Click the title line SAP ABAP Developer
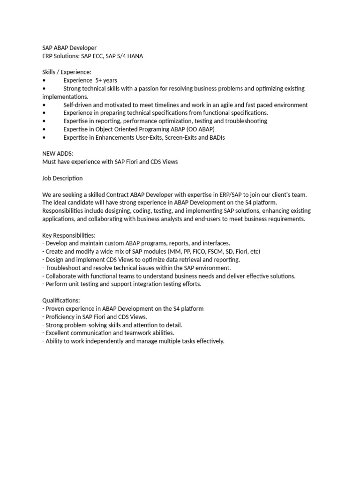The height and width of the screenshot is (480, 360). [x=69, y=48]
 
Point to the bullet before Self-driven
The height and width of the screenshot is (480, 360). [x=44, y=105]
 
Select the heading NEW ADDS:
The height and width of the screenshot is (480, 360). [x=58, y=154]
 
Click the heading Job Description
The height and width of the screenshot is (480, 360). [x=62, y=178]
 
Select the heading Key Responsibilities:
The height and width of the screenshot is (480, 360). [x=69, y=235]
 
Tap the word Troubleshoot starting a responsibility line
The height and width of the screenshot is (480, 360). [x=63, y=268]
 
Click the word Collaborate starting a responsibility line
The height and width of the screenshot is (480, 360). [x=61, y=276]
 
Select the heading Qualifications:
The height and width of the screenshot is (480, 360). [x=61, y=300]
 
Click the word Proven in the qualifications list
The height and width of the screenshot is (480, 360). [x=55, y=308]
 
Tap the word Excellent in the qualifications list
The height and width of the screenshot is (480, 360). [x=59, y=333]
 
